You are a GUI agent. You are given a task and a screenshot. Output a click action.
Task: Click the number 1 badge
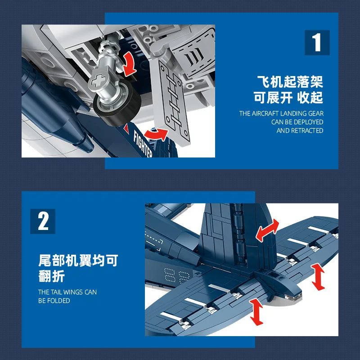pos(317,43)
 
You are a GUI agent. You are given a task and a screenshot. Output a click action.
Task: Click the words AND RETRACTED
pos(300,130)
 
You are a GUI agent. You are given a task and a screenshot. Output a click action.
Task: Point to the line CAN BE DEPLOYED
pos(297,122)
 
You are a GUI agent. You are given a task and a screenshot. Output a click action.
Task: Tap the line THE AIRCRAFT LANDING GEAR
pos(281,113)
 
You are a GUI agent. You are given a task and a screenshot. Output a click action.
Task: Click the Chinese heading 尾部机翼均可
pos(78,261)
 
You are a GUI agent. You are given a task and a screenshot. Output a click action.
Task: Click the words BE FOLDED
pos(54,301)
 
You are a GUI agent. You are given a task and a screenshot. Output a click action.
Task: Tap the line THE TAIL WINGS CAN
pos(67,292)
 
